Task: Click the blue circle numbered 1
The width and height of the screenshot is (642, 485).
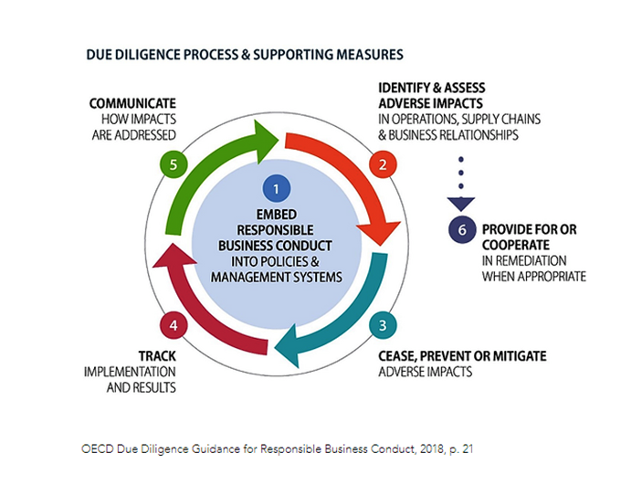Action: click(276, 188)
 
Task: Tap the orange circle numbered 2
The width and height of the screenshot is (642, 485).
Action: click(380, 164)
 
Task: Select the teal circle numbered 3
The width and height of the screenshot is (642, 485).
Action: click(381, 324)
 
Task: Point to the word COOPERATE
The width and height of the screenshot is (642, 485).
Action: click(516, 246)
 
